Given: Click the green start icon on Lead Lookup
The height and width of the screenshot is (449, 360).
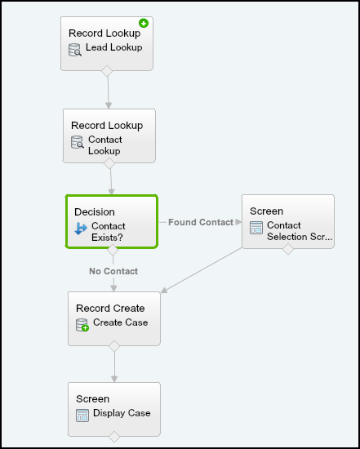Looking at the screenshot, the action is coord(144,23).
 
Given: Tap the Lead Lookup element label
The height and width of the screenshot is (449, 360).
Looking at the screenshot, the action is coord(114,47).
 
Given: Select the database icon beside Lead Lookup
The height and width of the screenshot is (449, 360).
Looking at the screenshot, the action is coord(75,50).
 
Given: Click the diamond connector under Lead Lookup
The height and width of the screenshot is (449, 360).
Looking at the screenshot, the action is coord(107,71).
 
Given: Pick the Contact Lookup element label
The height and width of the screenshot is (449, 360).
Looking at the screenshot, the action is coord(105,145).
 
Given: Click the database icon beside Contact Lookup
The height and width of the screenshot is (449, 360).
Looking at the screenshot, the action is coord(78,142).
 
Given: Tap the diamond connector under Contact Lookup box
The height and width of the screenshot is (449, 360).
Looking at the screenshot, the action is coord(109,163).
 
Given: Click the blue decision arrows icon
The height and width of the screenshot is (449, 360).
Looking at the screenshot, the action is coord(81,229).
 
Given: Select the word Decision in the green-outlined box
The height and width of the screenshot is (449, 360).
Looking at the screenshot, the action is coord(95,212).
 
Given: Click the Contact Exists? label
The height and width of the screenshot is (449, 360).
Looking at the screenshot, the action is coord(109,232).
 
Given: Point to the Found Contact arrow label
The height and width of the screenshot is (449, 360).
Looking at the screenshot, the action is coord(201,222).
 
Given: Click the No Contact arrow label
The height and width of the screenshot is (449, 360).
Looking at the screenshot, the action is coord(113,271).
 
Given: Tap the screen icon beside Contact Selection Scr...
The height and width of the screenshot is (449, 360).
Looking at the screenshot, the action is coord(256,228).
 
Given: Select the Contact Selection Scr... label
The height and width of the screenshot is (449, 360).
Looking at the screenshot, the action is coord(300,231).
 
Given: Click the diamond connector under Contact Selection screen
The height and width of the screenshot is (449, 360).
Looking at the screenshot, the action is coord(288,249).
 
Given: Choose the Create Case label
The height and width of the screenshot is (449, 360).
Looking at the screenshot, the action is coord(121,322).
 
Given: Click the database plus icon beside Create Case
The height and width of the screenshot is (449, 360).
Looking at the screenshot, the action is coord(82,325).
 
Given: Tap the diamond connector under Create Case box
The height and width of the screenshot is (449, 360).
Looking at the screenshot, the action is coord(114,346).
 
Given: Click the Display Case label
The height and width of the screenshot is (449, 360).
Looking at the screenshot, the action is coord(122,413).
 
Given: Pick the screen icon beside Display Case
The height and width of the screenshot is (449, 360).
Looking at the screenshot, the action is coord(82,416).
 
